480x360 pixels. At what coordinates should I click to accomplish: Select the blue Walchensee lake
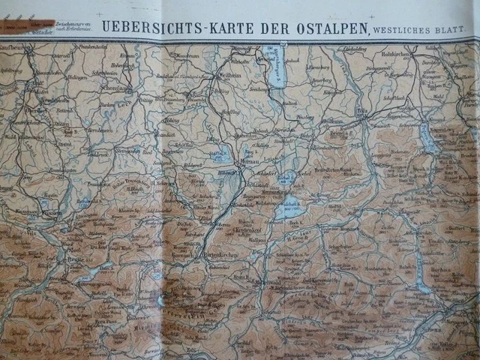point(289,208)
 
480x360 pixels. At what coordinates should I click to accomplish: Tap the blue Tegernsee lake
point(429,139)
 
